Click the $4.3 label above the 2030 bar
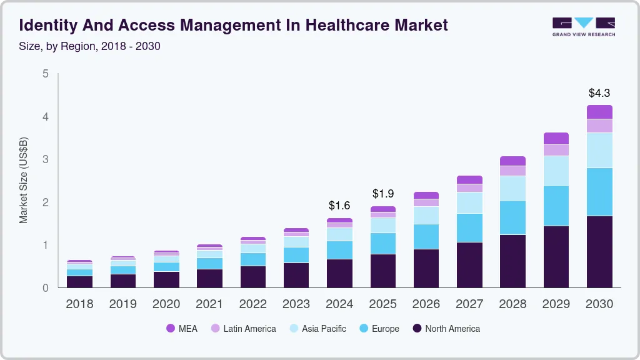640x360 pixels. coord(600,93)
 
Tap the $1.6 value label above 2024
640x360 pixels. coord(339,206)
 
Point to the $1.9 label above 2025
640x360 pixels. coord(383,194)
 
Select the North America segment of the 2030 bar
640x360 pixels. coord(600,252)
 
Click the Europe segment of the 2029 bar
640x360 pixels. coord(556,206)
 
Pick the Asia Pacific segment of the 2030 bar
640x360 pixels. coord(600,150)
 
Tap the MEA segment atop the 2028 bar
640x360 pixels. coord(512,161)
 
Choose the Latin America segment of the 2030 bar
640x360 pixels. coord(600,126)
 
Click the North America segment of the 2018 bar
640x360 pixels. coord(79,281)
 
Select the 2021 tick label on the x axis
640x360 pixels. coord(209,304)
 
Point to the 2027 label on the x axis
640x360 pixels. coord(469,304)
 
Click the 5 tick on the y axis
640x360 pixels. coord(46,74)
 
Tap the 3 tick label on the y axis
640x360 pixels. coord(46,159)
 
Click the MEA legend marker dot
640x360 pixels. coord(171,329)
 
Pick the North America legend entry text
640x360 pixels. coord(452,329)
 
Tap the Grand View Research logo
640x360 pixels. coord(583,27)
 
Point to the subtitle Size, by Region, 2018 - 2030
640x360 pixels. coord(90,46)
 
